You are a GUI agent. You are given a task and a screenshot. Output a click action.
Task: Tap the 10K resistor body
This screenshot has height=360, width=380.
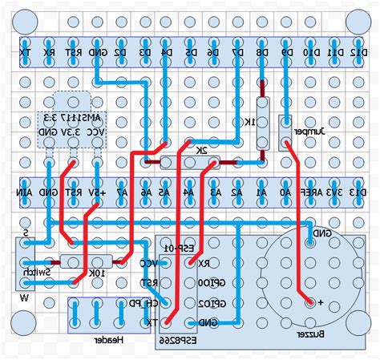click(x=96, y=261)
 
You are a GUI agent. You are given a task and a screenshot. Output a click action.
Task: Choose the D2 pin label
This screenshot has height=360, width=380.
click(x=119, y=53)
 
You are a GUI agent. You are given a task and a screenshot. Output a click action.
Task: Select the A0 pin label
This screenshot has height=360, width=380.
click(x=285, y=192)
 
